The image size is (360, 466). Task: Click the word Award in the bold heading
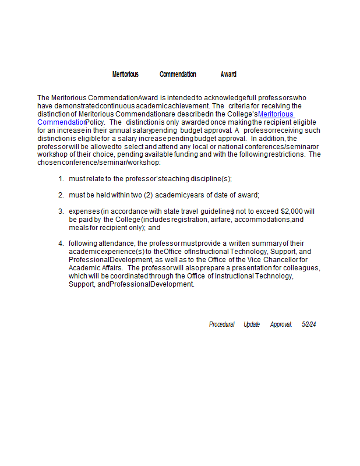(x=228, y=75)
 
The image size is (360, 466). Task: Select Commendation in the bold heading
(x=178, y=75)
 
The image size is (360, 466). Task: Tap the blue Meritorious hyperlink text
(x=276, y=114)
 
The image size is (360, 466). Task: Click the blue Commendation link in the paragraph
(x=61, y=122)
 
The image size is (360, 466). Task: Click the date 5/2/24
(x=309, y=324)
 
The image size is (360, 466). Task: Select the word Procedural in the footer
(x=221, y=324)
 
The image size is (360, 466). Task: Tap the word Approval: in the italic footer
(x=281, y=324)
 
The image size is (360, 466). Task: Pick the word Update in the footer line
(x=252, y=324)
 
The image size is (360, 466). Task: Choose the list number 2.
(x=61, y=195)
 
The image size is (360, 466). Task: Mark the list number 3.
(x=61, y=211)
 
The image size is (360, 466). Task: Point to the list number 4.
(x=61, y=243)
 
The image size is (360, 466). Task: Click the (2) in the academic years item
(x=148, y=195)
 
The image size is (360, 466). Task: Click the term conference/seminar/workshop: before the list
(x=111, y=163)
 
